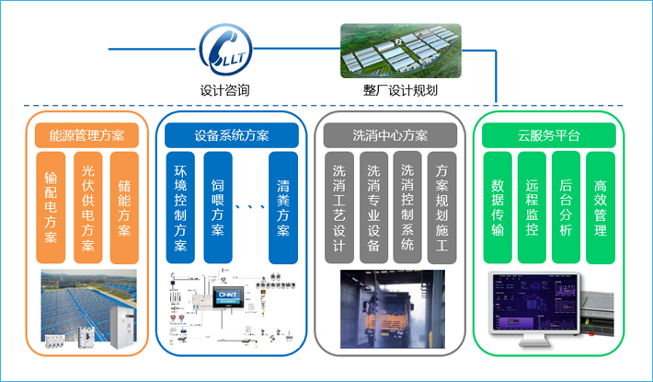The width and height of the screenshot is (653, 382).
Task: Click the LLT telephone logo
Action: click(225, 51)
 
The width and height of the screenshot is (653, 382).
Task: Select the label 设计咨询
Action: click(225, 90)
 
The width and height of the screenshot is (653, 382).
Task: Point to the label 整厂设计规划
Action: click(401, 90)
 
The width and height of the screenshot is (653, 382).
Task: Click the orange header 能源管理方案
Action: click(86, 135)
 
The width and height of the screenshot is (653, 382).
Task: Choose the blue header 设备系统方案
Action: click(232, 135)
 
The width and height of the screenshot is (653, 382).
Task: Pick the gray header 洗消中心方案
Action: click(390, 135)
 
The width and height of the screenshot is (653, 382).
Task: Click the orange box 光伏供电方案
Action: click(87, 208)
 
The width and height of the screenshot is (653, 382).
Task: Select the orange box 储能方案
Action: click(124, 208)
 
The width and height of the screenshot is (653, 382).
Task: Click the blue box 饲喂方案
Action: click(217, 208)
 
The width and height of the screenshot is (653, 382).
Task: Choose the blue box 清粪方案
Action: click(283, 208)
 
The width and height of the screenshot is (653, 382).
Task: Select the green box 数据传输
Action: click(498, 208)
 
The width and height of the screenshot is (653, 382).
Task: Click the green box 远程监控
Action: click(532, 208)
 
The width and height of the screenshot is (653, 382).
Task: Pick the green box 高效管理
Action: click(601, 208)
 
